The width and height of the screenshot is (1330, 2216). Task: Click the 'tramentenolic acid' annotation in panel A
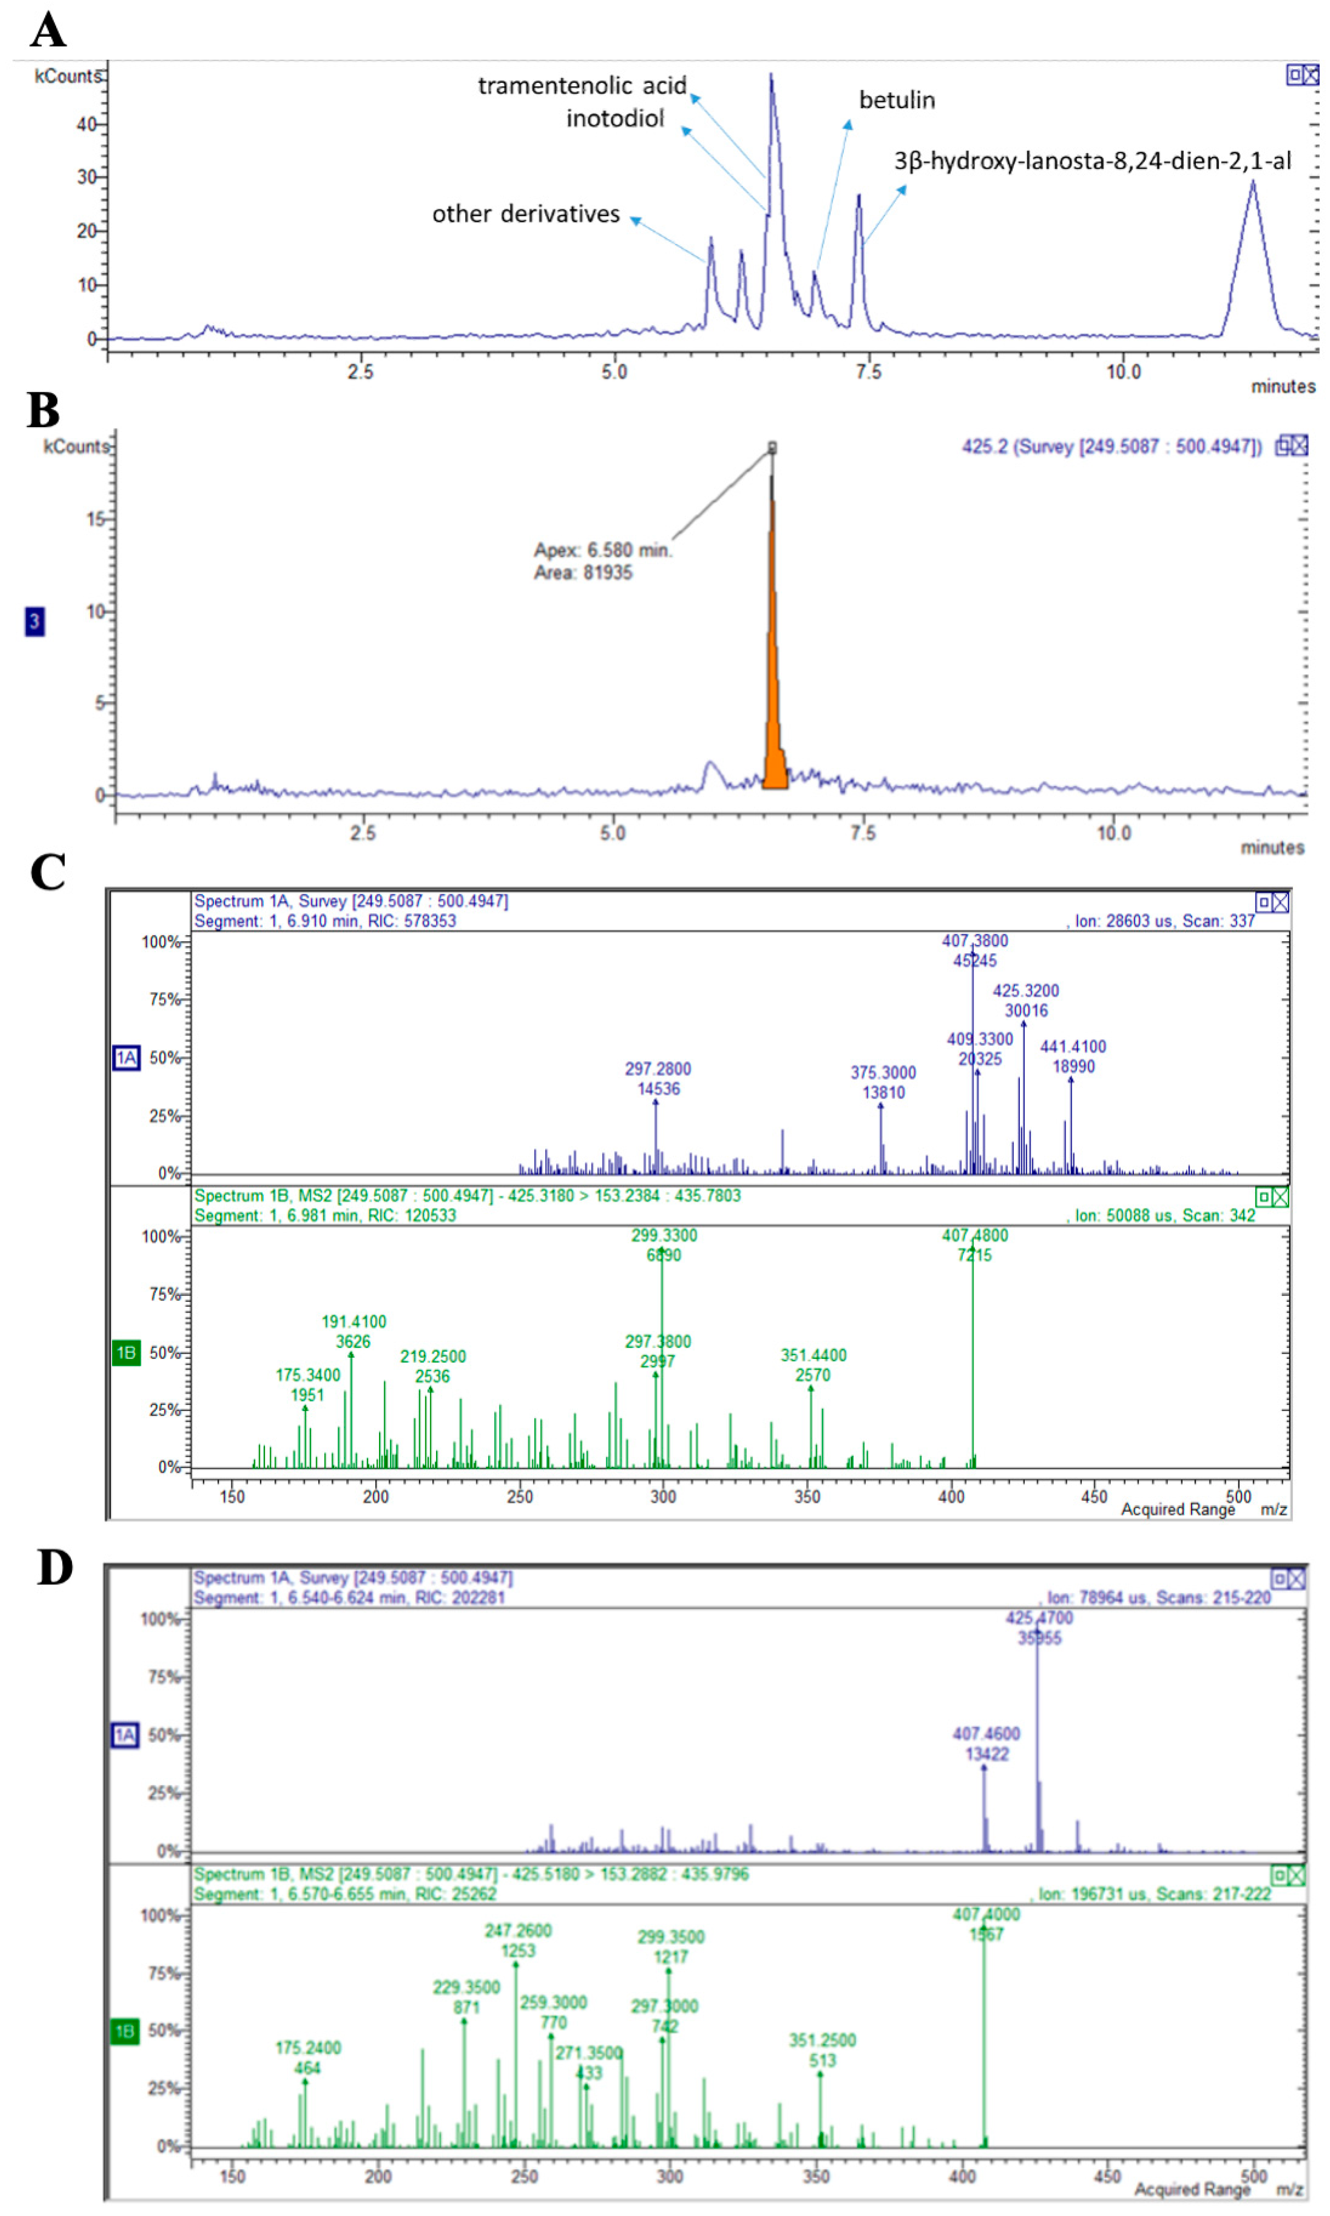pos(581,86)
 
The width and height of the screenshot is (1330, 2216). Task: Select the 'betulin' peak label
pos(896,101)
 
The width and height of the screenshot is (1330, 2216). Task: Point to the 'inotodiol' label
pos(615,118)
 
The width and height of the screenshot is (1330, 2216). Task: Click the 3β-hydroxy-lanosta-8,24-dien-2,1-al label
pos(1092,161)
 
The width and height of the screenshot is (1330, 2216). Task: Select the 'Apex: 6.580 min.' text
pos(602,549)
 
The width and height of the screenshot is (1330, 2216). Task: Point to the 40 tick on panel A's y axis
pos(87,124)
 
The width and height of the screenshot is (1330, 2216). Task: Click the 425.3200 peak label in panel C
pos(1025,991)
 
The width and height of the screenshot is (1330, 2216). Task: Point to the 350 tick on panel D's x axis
pos(816,2177)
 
